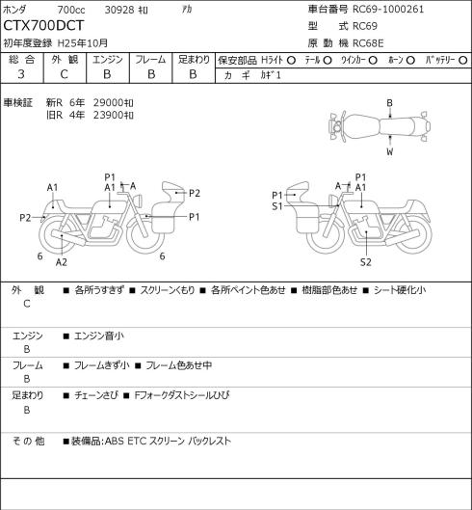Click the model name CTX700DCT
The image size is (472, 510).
[x=43, y=26]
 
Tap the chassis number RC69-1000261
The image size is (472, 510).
[x=388, y=9]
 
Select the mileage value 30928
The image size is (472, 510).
[x=119, y=10]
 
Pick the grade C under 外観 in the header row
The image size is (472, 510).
[x=64, y=74]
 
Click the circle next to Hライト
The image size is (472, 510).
[x=291, y=61]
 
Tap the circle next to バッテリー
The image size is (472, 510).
[x=463, y=61]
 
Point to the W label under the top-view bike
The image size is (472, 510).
[x=390, y=151]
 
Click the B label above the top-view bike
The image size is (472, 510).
[x=389, y=103]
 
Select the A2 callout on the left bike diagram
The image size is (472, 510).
[x=62, y=262]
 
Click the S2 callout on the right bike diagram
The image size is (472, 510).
[x=366, y=262]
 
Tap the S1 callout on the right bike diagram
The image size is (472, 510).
[x=277, y=206]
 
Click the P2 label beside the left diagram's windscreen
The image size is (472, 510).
[x=194, y=193]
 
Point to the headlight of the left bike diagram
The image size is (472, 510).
[x=139, y=200]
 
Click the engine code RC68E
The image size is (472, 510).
[x=368, y=43]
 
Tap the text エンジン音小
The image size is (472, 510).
[x=99, y=336]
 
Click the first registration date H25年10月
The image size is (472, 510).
[x=83, y=43]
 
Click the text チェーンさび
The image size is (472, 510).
[x=95, y=395]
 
